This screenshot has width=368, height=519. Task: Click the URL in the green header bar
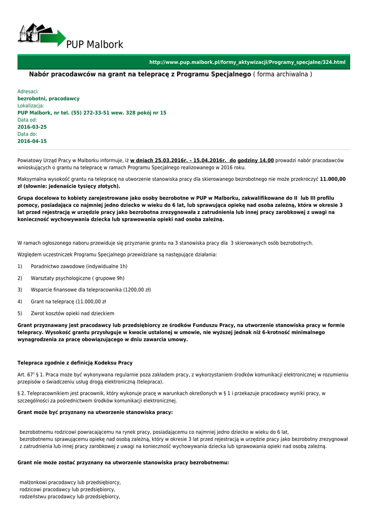(x=247, y=62)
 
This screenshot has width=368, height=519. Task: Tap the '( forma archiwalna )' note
(x=283, y=75)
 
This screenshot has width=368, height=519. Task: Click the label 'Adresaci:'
(x=28, y=91)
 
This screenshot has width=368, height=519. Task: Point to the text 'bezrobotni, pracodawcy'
(x=49, y=98)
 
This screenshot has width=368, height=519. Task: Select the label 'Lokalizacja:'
(x=31, y=105)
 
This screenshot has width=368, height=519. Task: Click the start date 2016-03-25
(x=32, y=127)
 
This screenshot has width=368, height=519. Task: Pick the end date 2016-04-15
(x=32, y=141)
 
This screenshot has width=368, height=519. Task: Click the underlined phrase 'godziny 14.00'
(x=255, y=160)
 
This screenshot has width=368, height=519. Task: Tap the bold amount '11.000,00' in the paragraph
(x=332, y=179)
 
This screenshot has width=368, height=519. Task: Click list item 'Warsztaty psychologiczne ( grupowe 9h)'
(x=77, y=278)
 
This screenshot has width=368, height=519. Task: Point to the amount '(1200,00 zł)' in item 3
(x=133, y=289)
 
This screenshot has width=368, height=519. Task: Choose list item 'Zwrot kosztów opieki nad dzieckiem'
(x=72, y=313)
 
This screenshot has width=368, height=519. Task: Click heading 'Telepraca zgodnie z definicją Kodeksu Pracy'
(x=75, y=363)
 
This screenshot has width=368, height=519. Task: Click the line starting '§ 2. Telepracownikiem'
(x=171, y=393)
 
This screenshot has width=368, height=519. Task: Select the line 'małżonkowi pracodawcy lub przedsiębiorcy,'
(x=70, y=483)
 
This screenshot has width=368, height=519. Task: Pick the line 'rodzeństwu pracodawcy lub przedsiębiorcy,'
(x=70, y=497)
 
